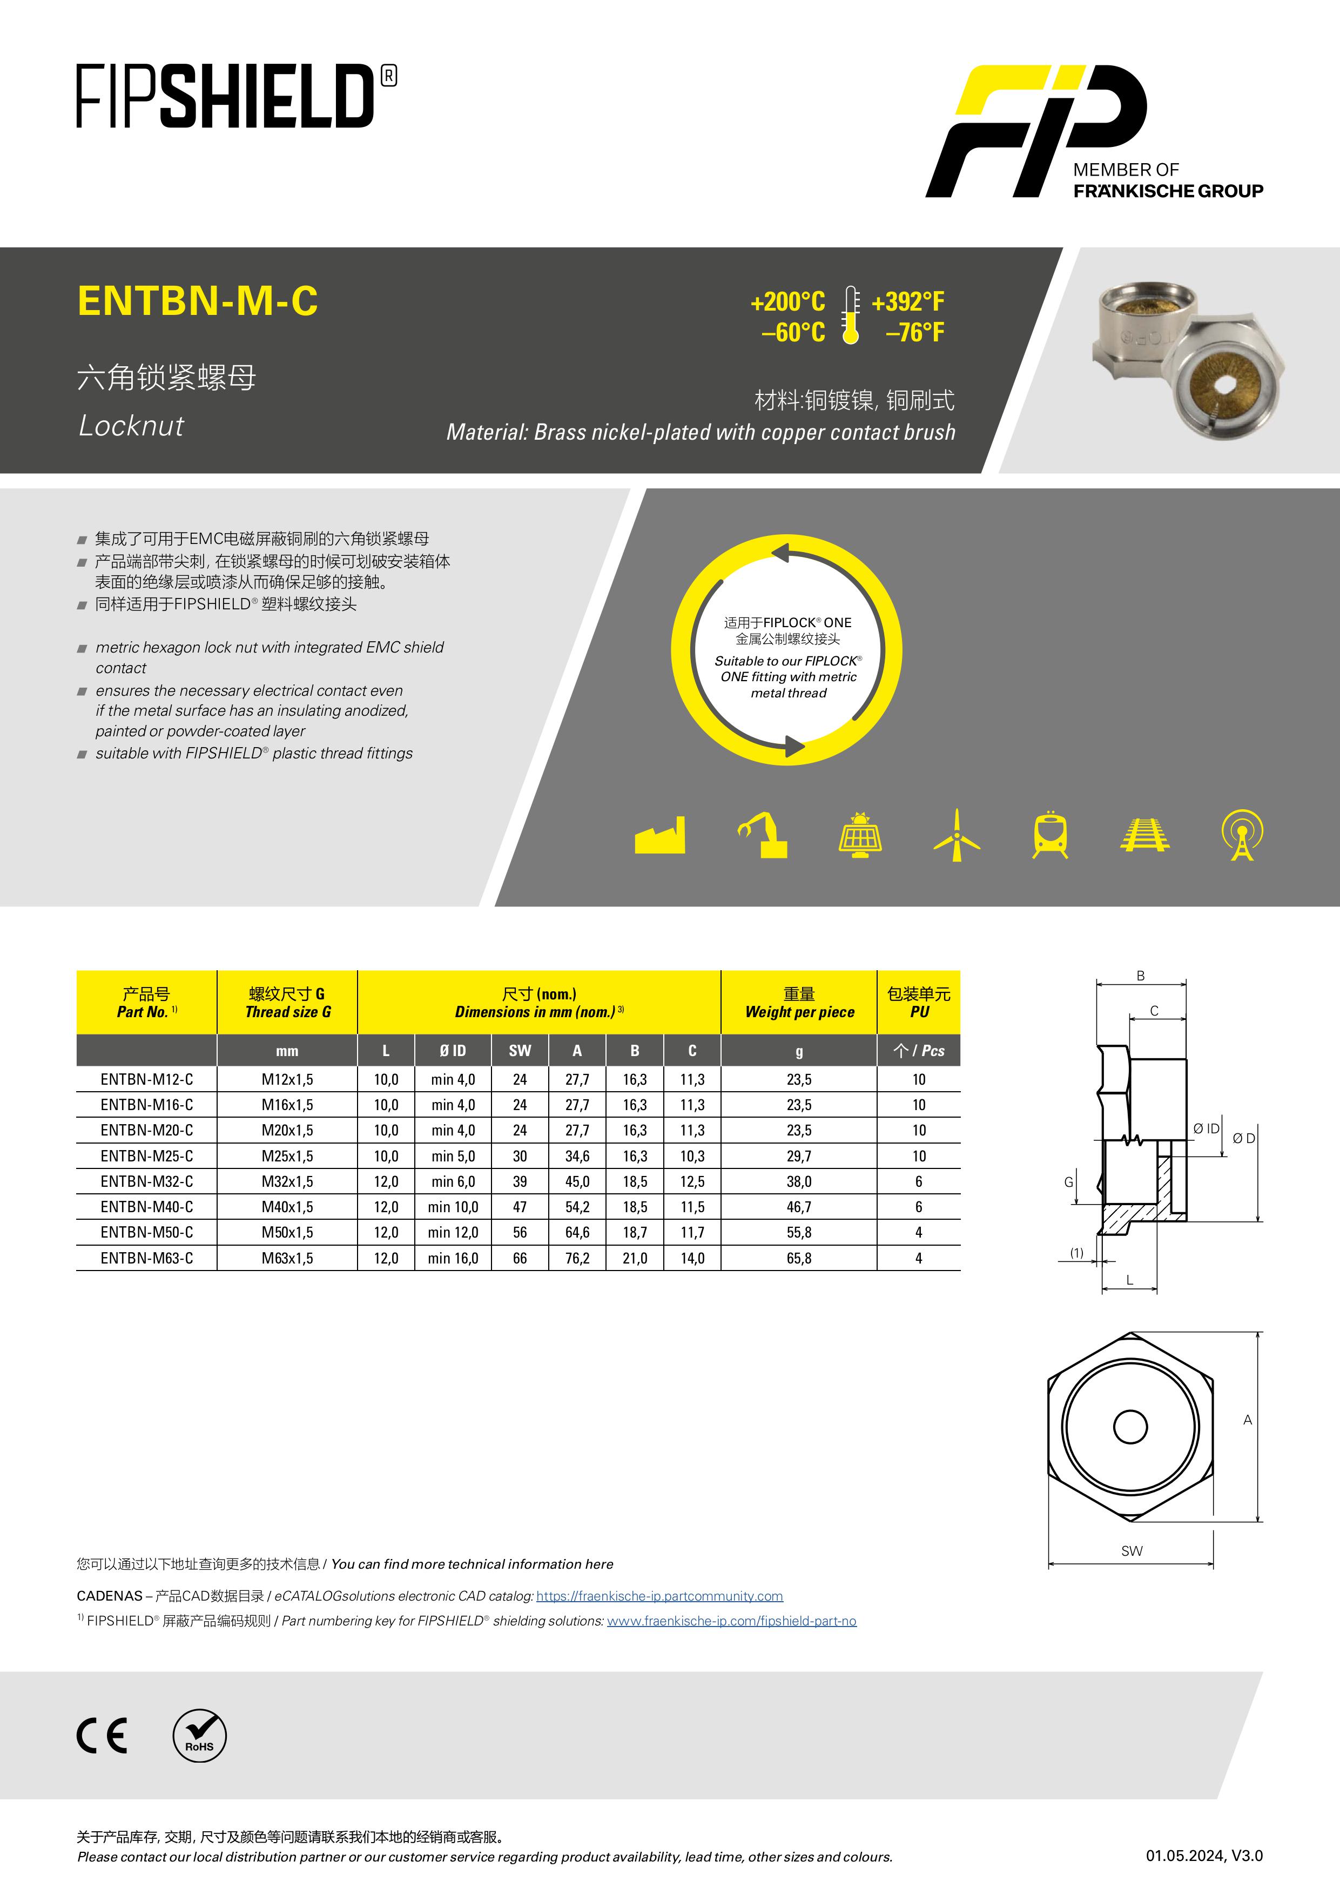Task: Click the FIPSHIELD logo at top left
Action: tap(236, 97)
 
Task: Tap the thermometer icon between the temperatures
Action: tap(850, 315)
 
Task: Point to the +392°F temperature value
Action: tap(907, 302)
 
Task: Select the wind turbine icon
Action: tap(957, 835)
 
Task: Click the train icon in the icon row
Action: tap(1051, 835)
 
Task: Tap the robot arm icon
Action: tap(763, 835)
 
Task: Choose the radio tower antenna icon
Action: tap(1242, 835)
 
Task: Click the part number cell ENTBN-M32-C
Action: tap(147, 1181)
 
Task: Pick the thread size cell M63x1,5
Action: tap(287, 1258)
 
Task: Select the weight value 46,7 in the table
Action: tap(799, 1207)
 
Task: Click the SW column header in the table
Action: tap(520, 1051)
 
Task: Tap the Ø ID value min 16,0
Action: tap(453, 1258)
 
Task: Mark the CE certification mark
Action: tap(102, 1735)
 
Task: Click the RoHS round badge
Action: tap(200, 1735)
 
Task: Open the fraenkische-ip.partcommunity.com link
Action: tap(659, 1596)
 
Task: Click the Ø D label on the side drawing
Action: tap(1243, 1139)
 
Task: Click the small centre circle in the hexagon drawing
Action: tap(1130, 1427)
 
